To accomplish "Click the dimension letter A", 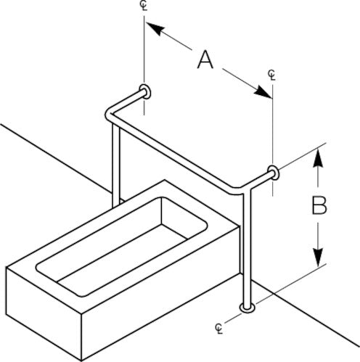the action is [205, 59].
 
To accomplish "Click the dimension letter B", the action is [319, 206].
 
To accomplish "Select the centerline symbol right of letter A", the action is [272, 75].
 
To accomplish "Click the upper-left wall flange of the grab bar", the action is [146, 92].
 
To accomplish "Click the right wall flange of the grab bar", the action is [274, 173].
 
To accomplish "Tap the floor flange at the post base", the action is [247, 308].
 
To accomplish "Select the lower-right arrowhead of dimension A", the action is [263, 92].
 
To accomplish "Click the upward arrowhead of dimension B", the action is [319, 158].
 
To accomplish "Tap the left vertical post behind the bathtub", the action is [116, 165].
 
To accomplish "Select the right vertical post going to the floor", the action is [247, 249].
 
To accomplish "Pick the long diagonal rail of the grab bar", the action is [175, 155].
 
